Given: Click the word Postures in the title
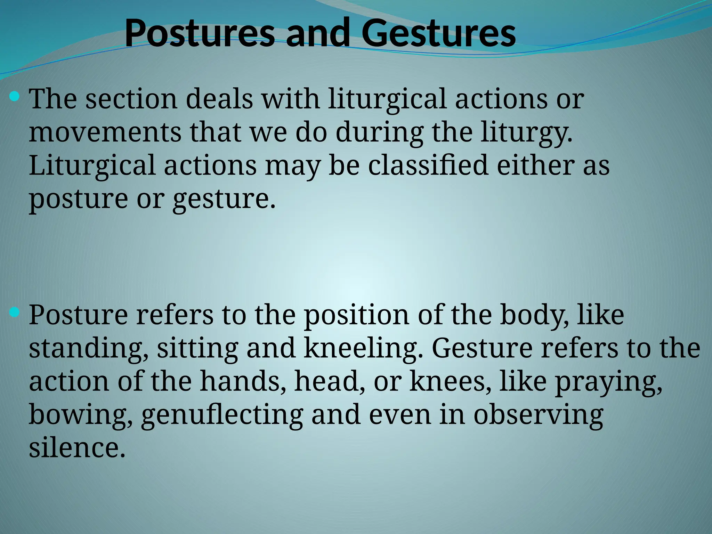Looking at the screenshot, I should [x=200, y=34].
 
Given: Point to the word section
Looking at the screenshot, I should [x=131, y=99].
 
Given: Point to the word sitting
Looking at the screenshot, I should [x=197, y=348].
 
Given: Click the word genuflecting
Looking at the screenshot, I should [x=222, y=415].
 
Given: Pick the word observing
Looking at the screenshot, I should [x=538, y=415].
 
